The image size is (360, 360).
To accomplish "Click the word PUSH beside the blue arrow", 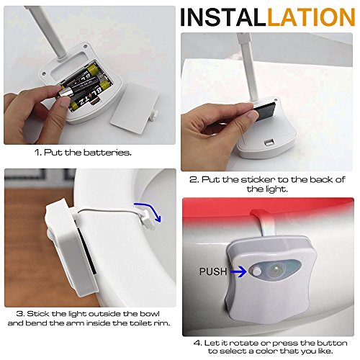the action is [x=213, y=271].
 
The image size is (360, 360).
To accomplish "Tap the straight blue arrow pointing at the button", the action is [x=238, y=271].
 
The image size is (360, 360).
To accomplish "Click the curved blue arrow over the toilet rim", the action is [x=149, y=210].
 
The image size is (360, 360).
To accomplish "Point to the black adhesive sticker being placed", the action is [x=265, y=111].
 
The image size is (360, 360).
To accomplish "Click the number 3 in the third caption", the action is [x=20, y=314].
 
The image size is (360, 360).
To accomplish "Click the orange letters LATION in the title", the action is [x=311, y=17].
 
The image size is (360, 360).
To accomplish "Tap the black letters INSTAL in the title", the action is [x=223, y=17].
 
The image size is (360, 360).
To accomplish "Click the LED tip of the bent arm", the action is [x=149, y=220].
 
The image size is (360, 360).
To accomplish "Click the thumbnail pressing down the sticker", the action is [x=253, y=117].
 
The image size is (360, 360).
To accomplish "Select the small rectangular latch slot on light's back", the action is [x=269, y=143].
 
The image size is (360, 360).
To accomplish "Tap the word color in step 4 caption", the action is [x=261, y=351].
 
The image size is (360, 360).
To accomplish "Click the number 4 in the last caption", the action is [x=197, y=343].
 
